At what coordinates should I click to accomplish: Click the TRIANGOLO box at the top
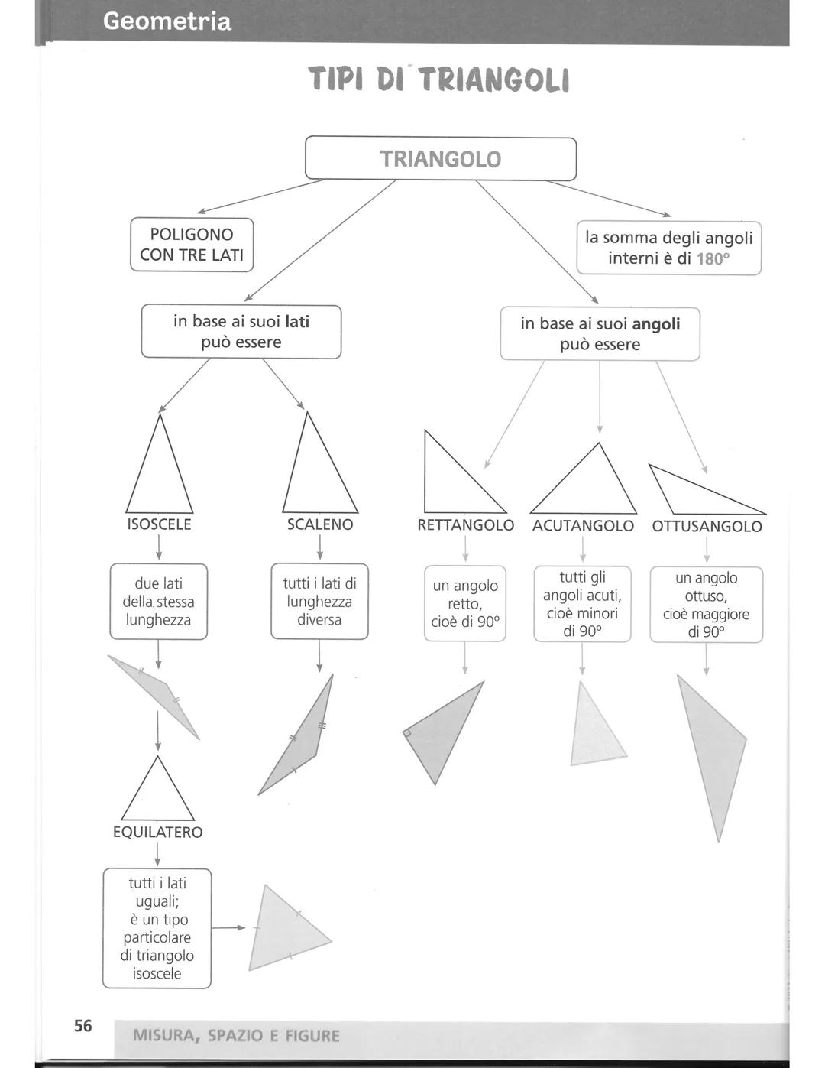coord(440,159)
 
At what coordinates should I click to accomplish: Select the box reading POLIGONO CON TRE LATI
coord(192,245)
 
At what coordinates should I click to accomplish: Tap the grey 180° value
coord(713,259)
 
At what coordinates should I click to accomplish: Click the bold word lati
coord(297,322)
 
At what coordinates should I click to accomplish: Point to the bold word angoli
coord(656,324)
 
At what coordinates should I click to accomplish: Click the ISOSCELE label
coord(159,524)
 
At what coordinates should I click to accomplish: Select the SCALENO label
coord(319,524)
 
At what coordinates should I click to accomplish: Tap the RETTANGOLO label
coord(465,525)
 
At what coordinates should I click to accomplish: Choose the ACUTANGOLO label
coord(583,526)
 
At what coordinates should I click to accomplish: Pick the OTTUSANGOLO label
coord(707,527)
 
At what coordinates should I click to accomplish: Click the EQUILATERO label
coord(157,832)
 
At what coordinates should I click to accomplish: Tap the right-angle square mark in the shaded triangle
coord(407,732)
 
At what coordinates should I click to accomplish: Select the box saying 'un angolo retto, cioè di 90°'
coord(465,603)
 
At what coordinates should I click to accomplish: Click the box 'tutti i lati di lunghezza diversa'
coord(319,602)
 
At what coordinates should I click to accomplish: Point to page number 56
coord(82,1026)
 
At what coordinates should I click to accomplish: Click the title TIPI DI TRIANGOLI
coord(439,80)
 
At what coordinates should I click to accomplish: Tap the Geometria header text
coord(167,21)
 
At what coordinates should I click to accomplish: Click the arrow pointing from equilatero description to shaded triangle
coord(228,927)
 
